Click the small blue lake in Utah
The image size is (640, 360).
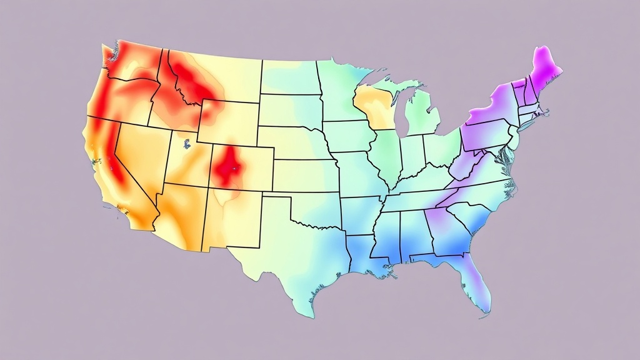[186, 145]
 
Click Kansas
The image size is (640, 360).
[303, 175]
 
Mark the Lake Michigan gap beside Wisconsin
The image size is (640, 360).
[400, 112]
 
